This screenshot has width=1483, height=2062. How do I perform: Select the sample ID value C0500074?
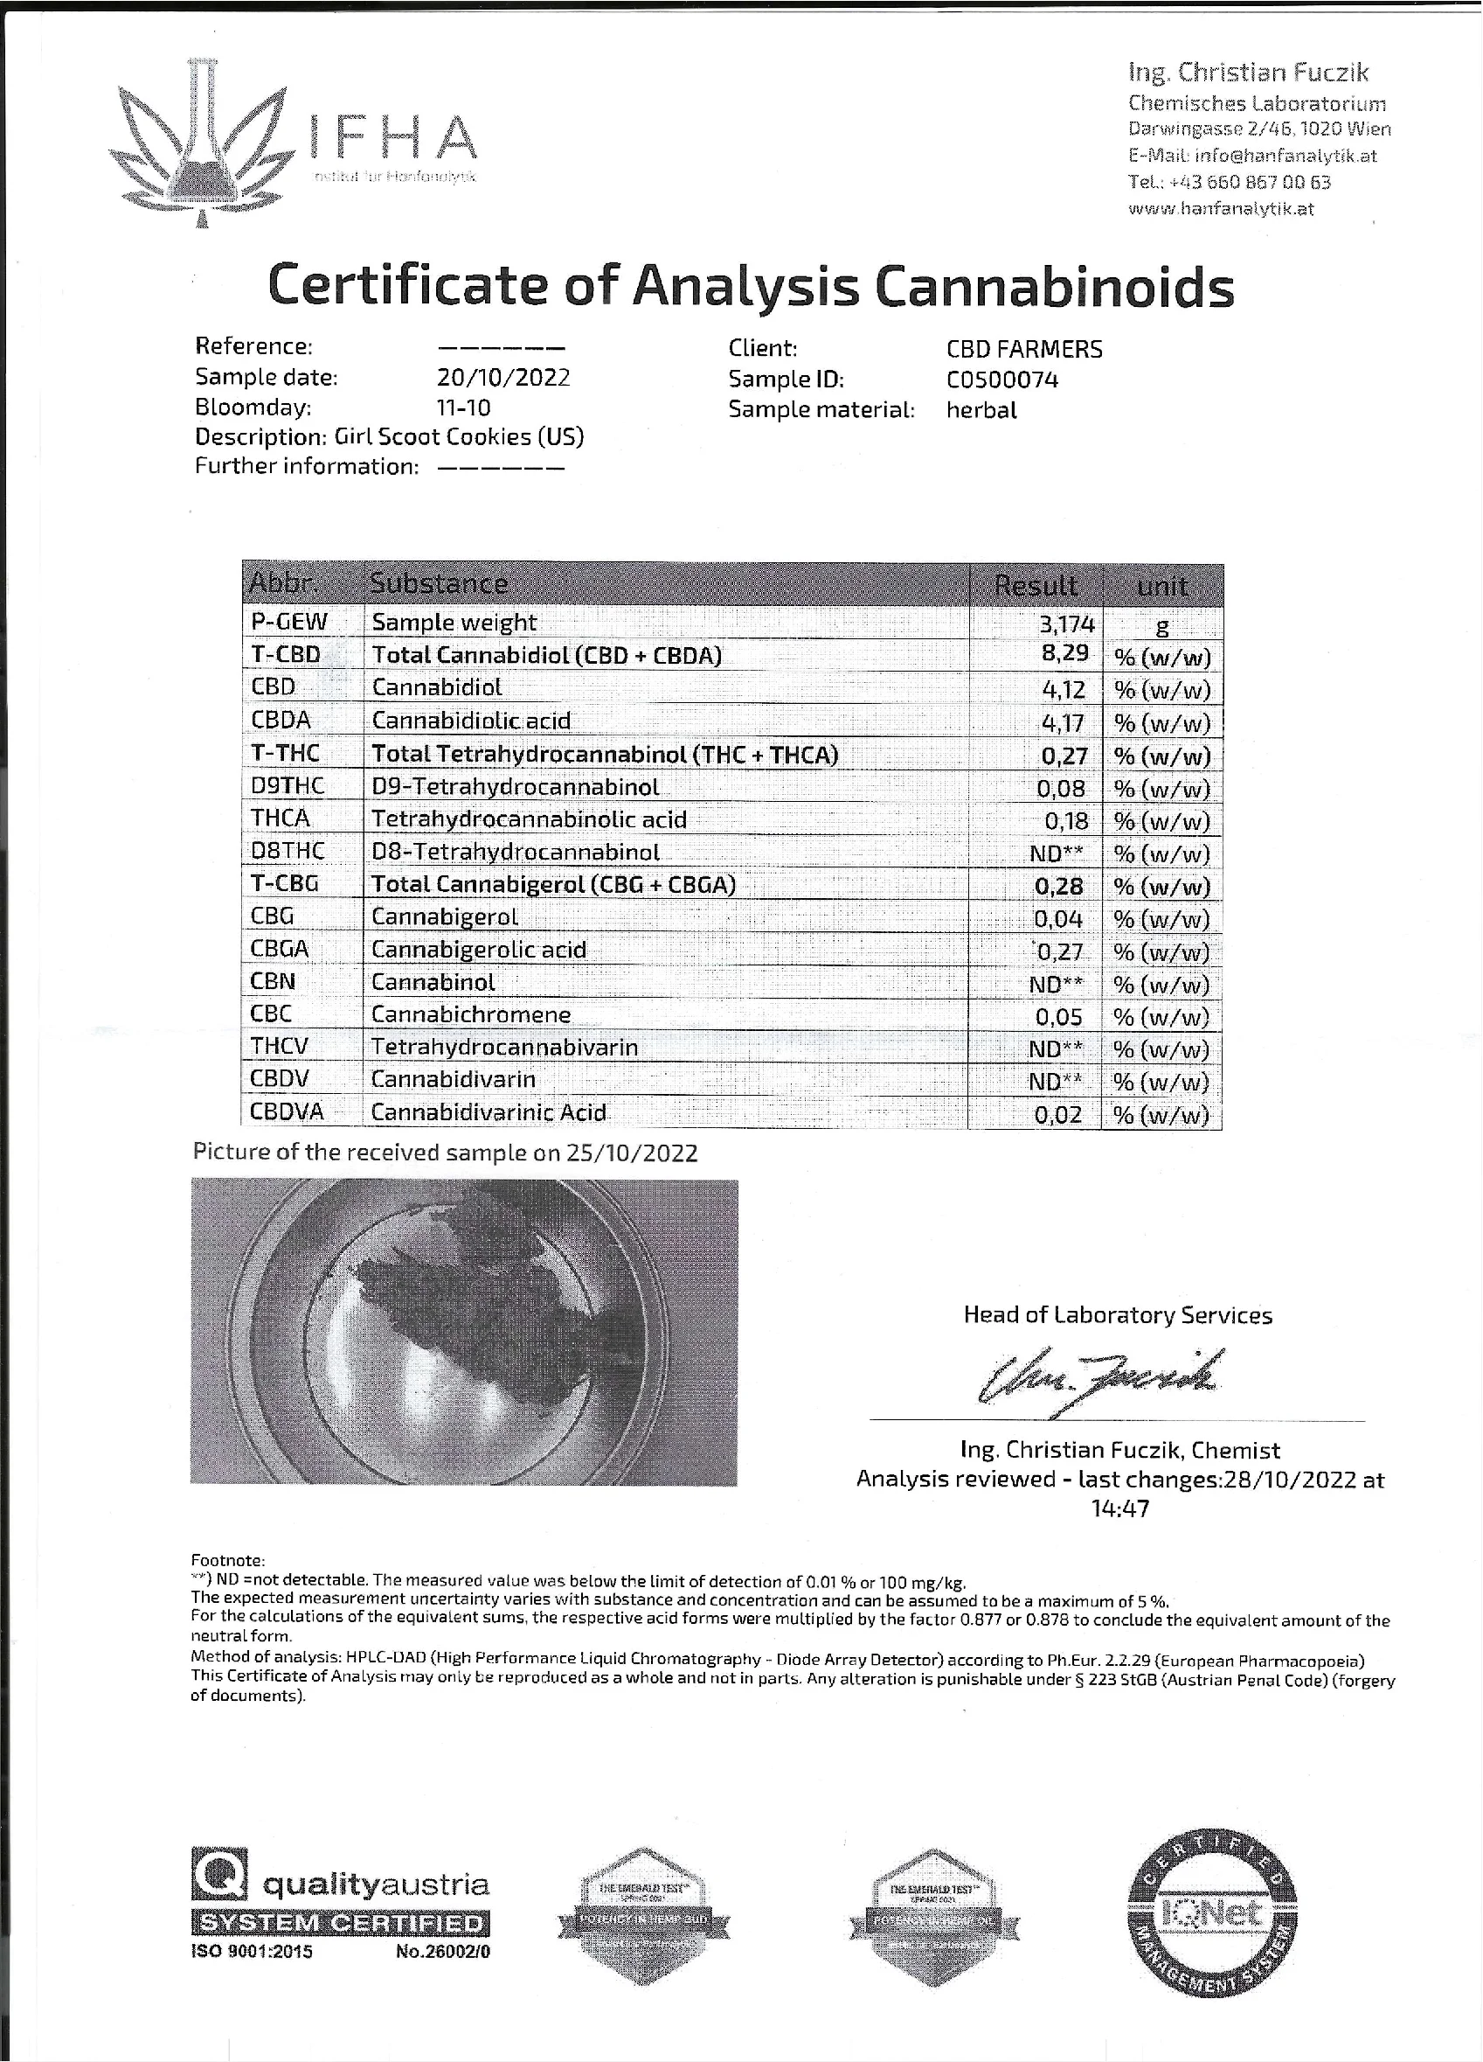(1001, 380)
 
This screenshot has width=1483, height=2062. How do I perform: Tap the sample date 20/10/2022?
(502, 377)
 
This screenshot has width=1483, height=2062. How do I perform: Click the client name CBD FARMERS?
(1024, 349)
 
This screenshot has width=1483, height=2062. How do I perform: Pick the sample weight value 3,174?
(1066, 623)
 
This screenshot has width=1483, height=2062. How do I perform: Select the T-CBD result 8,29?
(1064, 655)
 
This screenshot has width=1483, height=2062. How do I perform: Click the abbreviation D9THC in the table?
(288, 786)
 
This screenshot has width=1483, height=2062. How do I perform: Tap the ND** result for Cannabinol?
(1055, 984)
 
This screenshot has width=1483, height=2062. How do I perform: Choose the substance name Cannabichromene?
(471, 1014)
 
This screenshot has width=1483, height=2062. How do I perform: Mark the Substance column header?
(438, 583)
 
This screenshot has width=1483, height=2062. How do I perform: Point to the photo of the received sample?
(463, 1331)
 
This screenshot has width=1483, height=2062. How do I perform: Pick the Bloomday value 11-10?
(463, 407)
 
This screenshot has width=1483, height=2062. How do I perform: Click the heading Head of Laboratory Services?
(1117, 1314)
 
